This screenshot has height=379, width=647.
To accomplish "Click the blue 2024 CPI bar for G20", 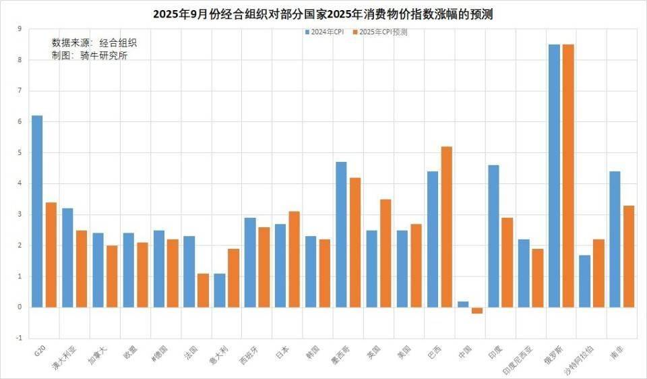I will click(37, 211).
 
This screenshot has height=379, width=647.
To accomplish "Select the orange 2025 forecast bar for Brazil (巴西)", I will click(446, 227).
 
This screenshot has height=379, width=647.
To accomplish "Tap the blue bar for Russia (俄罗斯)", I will click(554, 175).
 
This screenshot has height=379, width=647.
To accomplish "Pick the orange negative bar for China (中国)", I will click(476, 310).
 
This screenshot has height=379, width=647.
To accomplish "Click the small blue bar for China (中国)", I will click(463, 304).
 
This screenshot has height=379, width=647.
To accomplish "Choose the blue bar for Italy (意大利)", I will click(220, 290).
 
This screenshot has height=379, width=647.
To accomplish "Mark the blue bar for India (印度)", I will click(493, 236).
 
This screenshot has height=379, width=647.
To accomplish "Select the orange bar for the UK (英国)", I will click(386, 253).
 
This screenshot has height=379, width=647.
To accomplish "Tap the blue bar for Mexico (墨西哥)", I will click(341, 234).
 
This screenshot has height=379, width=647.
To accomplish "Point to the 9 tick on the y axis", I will click(20, 29).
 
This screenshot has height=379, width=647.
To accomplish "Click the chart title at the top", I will click(323, 13).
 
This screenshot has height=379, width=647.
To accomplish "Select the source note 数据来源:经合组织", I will click(98, 42).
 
